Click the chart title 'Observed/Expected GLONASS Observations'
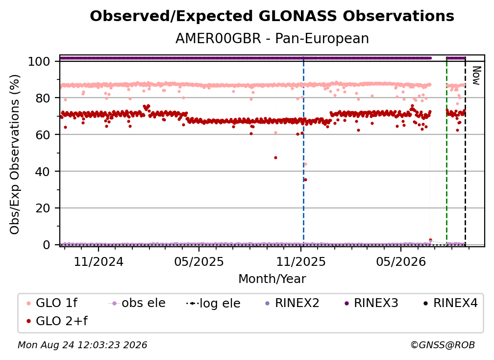(x=272, y=16)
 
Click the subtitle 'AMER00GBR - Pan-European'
(x=272, y=38)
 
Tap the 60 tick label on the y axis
(x=43, y=134)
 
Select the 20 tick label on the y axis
(x=43, y=208)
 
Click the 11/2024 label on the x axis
(x=99, y=261)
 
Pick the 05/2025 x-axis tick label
(x=199, y=261)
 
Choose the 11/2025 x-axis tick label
(x=301, y=261)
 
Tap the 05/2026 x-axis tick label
(x=401, y=261)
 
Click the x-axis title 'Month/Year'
(x=272, y=279)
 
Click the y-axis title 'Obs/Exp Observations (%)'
(x=15, y=154)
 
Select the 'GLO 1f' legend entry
(x=52, y=303)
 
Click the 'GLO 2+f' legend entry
(x=57, y=321)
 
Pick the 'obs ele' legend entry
(x=137, y=303)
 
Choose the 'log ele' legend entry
(x=213, y=303)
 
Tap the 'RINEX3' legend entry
(x=371, y=303)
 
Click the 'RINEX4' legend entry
(x=450, y=303)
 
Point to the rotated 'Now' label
(x=476, y=76)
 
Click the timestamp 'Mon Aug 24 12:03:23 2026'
(x=82, y=345)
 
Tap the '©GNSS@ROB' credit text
(x=443, y=345)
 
